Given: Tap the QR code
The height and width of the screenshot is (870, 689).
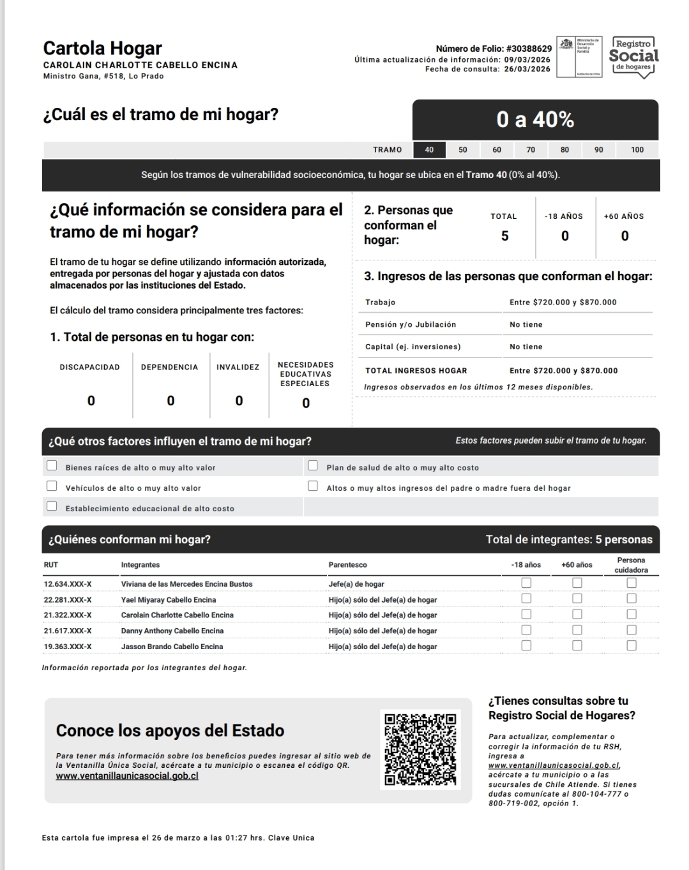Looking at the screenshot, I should click(x=420, y=749).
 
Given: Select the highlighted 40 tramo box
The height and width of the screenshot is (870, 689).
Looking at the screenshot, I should click(x=429, y=150).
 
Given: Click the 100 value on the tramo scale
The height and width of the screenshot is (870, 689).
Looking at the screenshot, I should click(x=637, y=150).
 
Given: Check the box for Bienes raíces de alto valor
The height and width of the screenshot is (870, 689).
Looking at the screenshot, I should click(x=52, y=466).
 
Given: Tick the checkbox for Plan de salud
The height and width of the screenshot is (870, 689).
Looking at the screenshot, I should click(x=313, y=466).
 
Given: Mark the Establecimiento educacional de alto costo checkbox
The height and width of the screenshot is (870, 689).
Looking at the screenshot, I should click(x=52, y=507).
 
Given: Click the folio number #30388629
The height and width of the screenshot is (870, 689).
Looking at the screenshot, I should click(x=529, y=49).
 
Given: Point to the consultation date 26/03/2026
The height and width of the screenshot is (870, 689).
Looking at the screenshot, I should click(x=527, y=70).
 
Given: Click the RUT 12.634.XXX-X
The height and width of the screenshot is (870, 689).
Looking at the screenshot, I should click(x=68, y=584).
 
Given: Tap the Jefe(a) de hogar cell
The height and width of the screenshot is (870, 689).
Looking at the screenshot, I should click(x=356, y=584).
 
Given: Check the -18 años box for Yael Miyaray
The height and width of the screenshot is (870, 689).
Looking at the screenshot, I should click(x=526, y=599).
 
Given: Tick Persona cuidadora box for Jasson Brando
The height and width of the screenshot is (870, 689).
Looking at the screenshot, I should click(x=632, y=645).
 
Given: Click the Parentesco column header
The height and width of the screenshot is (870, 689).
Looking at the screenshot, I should click(x=347, y=565).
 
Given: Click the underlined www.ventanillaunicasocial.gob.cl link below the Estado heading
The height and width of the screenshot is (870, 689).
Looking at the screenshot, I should click(x=127, y=776).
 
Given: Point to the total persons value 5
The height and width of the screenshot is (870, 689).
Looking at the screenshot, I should click(x=504, y=236).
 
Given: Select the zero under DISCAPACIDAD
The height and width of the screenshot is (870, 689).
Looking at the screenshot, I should click(x=91, y=401).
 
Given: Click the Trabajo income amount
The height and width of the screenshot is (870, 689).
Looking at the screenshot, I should click(x=563, y=303).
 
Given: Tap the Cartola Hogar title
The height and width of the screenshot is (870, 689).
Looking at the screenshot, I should click(x=102, y=49).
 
